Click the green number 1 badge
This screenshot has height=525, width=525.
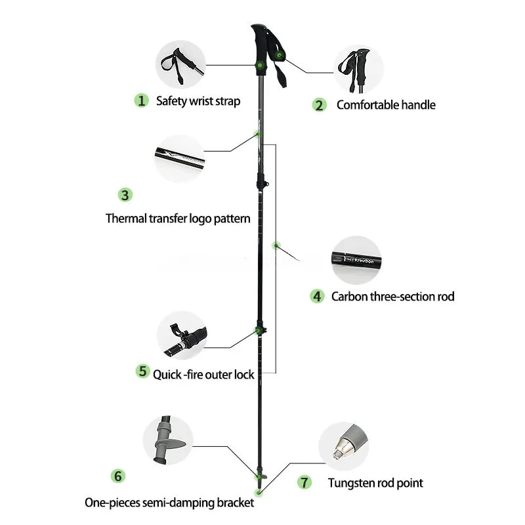(x=141, y=100)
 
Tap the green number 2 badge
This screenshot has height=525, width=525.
(x=319, y=105)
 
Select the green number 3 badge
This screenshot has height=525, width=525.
(x=125, y=195)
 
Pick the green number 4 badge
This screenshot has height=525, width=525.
(x=317, y=296)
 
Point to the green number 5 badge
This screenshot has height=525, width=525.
(x=142, y=371)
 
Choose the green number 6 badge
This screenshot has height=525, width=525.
(x=118, y=476)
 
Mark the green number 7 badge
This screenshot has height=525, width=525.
(x=304, y=482)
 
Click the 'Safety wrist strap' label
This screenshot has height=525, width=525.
(x=198, y=101)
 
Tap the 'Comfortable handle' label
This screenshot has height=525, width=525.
(x=385, y=105)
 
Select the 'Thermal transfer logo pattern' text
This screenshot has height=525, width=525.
(x=178, y=219)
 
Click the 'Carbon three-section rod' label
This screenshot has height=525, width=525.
(x=392, y=297)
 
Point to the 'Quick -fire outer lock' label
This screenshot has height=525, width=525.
(x=203, y=375)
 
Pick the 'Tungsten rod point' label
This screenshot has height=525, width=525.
(x=375, y=483)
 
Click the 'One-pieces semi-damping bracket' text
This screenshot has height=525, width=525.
(x=169, y=503)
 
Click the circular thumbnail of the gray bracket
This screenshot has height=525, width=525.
(x=168, y=440)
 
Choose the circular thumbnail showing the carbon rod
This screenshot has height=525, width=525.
(x=356, y=259)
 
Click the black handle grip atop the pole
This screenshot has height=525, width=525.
(x=266, y=43)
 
